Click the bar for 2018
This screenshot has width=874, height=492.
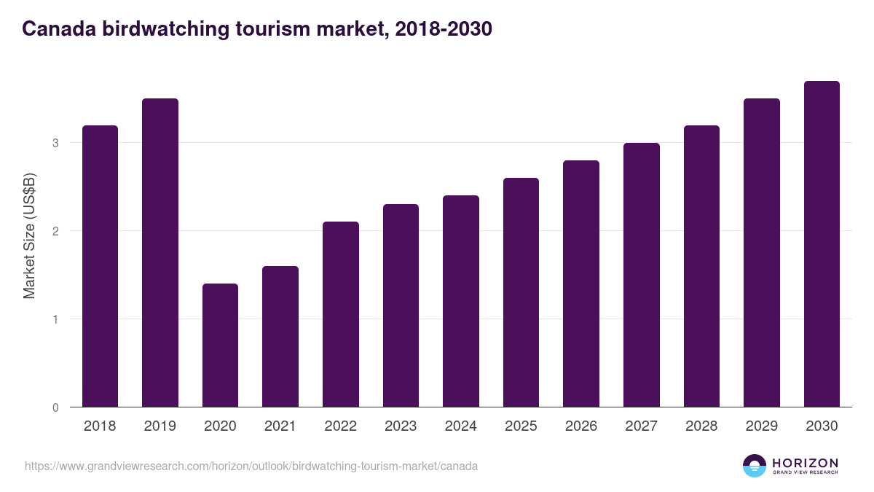[100, 266]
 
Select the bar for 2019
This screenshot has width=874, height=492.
[160, 253]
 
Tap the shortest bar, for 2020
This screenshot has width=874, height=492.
[220, 345]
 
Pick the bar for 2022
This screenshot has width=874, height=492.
[341, 314]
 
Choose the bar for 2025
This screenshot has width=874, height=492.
[521, 292]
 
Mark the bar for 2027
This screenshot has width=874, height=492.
[642, 275]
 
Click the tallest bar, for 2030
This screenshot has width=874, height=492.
[822, 244]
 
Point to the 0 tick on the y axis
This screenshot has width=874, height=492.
[55, 407]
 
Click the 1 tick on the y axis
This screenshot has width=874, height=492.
[55, 319]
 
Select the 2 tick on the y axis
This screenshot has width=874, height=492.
[55, 231]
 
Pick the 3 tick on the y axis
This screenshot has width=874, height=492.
[55, 143]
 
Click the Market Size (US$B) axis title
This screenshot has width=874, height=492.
[29, 236]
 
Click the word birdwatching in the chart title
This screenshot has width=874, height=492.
[165, 29]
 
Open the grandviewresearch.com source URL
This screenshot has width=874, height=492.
[251, 466]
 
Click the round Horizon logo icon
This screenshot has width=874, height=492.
[755, 466]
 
